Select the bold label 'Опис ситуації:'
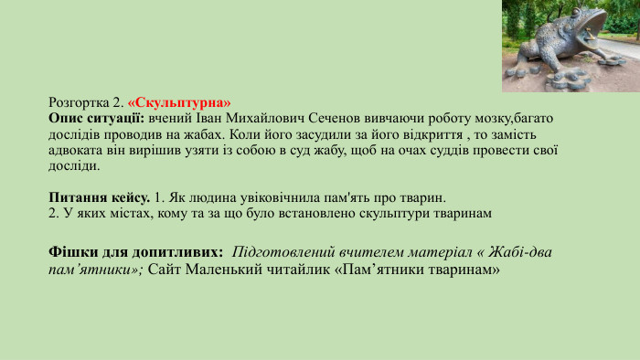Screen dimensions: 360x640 (x=96, y=119)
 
